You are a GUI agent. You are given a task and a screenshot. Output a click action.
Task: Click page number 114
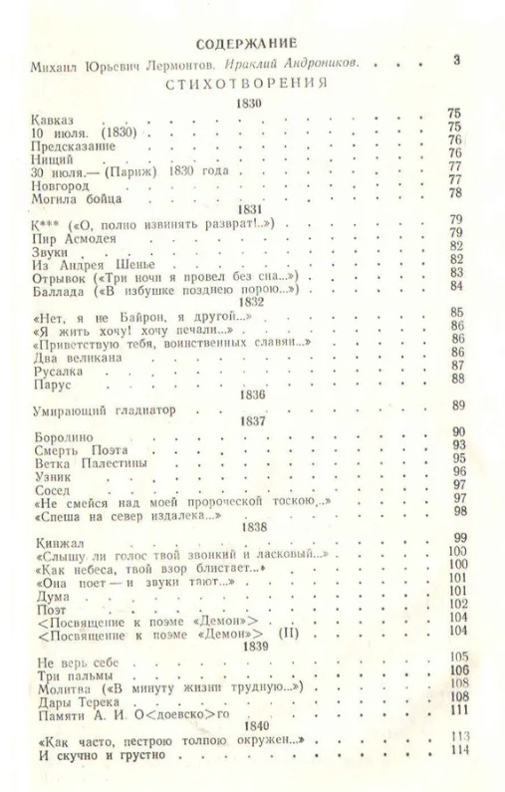[x=458, y=750]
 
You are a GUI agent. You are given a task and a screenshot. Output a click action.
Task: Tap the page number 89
[x=458, y=404]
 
